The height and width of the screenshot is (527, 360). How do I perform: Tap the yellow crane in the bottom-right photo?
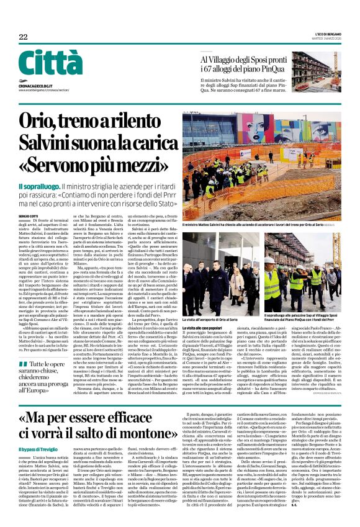[x=297, y=236]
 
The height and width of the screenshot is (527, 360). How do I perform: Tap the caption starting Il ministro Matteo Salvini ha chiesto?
[x=254, y=224]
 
